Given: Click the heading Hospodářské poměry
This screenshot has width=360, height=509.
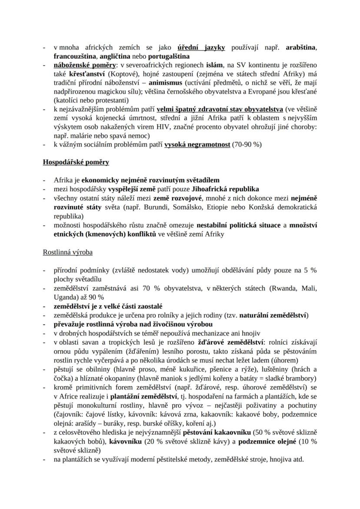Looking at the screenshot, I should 76,163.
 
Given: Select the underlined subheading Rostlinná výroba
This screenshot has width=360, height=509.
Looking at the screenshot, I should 67,252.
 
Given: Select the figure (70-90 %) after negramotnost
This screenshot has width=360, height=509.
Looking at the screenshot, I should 247,144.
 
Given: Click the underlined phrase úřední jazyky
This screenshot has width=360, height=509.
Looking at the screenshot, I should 201,48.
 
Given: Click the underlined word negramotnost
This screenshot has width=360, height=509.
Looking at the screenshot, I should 204,144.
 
